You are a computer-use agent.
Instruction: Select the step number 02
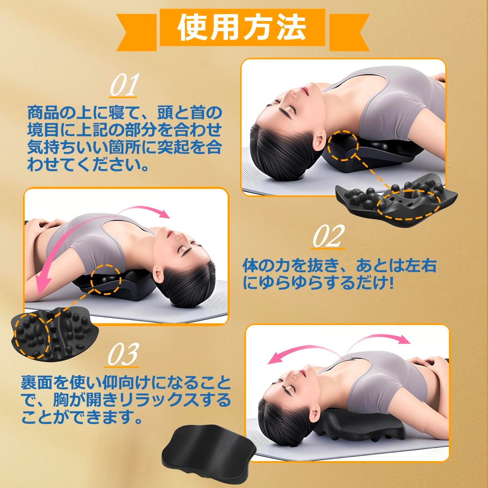tap(329, 236)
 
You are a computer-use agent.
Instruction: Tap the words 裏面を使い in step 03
tap(61, 383)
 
